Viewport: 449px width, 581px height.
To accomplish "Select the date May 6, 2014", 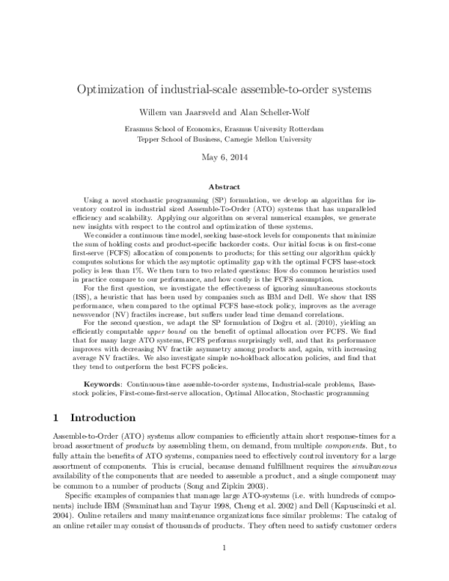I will coord(224,158).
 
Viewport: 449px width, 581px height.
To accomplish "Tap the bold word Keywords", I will coord(98,383).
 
